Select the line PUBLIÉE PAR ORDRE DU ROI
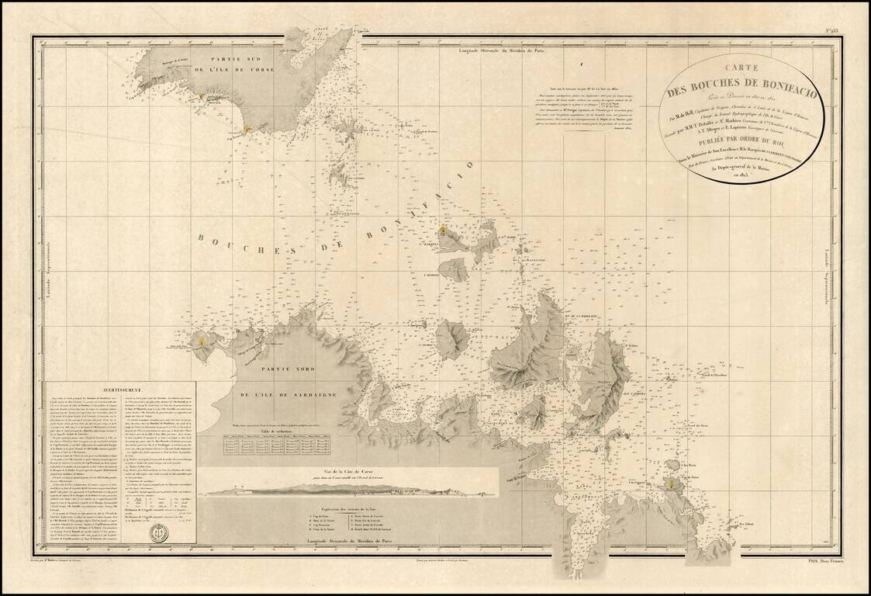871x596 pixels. (x=725, y=140)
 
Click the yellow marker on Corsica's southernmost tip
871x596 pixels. (x=247, y=128)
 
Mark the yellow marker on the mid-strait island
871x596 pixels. (x=443, y=230)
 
